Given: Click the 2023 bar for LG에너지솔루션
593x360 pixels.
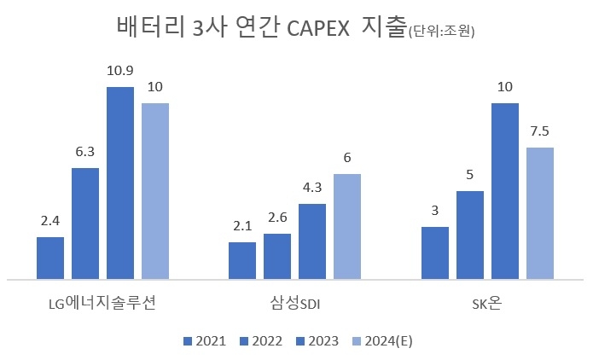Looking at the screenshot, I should (120, 183).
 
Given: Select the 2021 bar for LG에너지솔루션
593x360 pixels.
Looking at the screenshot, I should (50, 258).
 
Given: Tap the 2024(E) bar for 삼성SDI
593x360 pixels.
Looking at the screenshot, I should (347, 226).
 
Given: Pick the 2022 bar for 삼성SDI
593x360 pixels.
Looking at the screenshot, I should (277, 256).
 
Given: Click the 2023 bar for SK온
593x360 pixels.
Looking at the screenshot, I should (505, 191).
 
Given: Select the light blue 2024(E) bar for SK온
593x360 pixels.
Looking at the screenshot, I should (540, 213).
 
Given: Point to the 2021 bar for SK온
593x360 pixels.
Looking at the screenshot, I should (435, 253).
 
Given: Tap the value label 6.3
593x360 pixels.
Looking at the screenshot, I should (85, 151).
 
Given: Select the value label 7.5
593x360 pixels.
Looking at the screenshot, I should (540, 131).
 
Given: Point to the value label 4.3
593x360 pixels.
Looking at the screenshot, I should (312, 187).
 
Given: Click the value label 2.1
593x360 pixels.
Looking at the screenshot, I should (242, 225).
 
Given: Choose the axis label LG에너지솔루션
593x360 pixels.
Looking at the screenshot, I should (102, 305).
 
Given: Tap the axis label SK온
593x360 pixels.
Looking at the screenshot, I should (487, 305).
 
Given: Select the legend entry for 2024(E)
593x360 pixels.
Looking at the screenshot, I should (382, 341).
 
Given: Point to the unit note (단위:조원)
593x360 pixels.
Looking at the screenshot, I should (442, 32).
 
